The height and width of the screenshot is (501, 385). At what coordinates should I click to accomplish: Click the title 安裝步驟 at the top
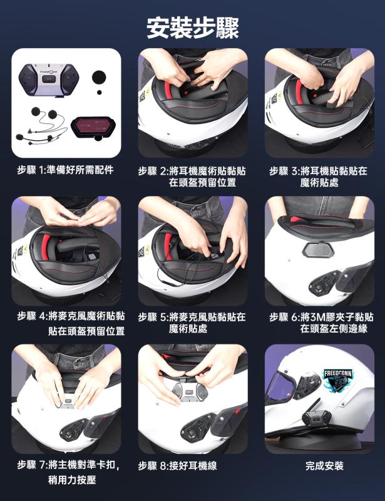193,28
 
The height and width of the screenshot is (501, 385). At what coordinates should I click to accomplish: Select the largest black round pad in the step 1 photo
99,77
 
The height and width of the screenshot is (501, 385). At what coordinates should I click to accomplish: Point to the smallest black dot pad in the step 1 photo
100,92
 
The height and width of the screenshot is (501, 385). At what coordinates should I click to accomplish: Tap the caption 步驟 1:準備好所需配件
66,170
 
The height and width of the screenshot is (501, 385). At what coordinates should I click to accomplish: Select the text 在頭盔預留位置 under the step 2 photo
203,183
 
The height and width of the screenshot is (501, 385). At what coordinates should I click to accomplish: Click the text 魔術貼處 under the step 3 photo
319,183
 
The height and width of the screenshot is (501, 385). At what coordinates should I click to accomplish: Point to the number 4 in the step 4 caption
41,317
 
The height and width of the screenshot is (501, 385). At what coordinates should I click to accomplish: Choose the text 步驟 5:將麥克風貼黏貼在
192,317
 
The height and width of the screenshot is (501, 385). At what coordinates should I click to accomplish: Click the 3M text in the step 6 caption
317,317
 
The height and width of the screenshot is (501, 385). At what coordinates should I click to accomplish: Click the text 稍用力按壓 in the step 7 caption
72,480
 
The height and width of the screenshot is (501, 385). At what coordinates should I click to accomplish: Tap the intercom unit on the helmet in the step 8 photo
189,391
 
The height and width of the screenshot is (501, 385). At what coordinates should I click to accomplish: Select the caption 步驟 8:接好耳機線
177,466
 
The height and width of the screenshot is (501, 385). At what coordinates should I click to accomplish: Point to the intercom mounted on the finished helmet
317,417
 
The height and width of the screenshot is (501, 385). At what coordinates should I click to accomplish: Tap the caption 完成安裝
324,466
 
